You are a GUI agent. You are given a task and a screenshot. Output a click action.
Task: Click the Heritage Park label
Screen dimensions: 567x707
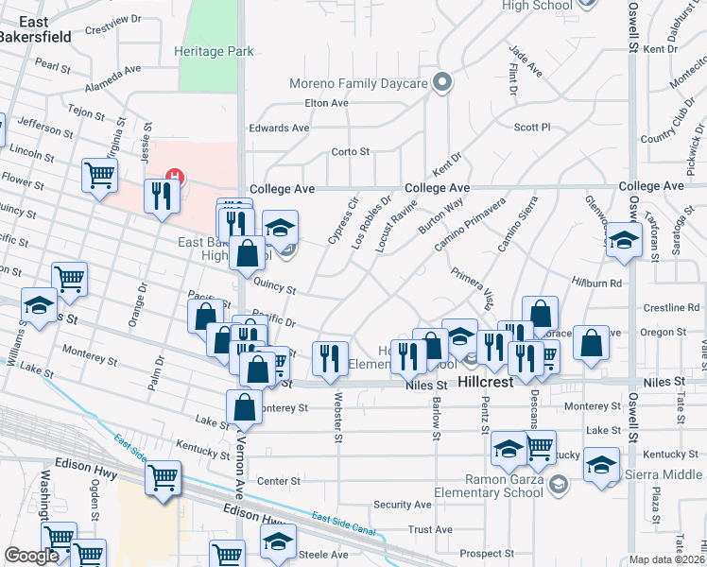coord(214,51)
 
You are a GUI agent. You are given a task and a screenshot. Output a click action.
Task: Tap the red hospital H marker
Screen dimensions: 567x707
coord(174,175)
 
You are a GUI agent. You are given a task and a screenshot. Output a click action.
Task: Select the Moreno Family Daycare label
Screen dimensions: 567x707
coord(358,84)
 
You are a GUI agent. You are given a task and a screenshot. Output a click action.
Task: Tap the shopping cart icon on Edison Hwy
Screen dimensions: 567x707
coord(163,476)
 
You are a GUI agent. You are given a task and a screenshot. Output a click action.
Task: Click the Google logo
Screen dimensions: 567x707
coord(31,556)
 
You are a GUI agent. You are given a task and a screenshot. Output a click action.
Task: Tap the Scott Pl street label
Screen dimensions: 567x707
coord(532,127)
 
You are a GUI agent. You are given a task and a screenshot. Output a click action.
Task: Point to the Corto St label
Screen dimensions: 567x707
coord(350,151)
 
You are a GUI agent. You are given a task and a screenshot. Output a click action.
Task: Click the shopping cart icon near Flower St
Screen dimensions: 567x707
coord(99,175)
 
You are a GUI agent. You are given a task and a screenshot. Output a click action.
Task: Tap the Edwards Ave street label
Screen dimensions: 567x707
coord(279,128)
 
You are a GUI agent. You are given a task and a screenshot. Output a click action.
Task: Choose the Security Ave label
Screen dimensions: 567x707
coord(402,505)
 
